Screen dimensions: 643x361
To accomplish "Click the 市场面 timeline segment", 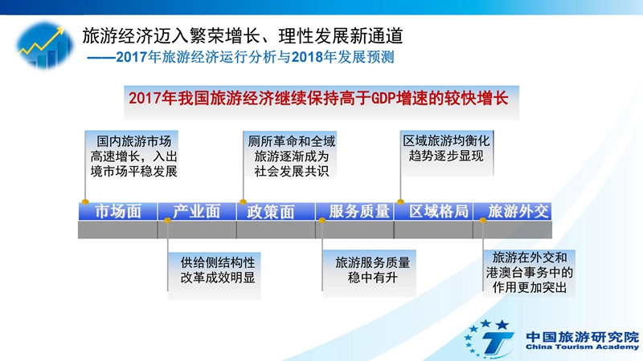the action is (x=117, y=212).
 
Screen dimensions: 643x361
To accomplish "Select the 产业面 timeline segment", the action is (x=197, y=212).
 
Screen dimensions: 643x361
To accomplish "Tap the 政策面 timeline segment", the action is (x=276, y=212).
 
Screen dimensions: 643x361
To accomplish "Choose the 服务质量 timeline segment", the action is (x=354, y=212).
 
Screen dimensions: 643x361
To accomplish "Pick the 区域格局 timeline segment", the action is (x=433, y=212).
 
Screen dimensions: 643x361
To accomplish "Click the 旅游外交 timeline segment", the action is (x=513, y=212).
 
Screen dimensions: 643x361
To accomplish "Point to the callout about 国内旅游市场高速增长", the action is (x=132, y=155).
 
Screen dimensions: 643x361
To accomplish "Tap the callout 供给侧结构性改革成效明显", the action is (x=215, y=275).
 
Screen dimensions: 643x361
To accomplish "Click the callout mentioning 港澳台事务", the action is (x=529, y=273).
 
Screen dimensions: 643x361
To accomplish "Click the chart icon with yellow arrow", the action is (x=45, y=45).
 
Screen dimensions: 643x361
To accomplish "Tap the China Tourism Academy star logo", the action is (x=489, y=339).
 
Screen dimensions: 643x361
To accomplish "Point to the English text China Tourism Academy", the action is (x=582, y=347).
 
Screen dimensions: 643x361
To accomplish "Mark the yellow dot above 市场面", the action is (x=85, y=202).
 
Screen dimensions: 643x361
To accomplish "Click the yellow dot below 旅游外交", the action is (x=483, y=220).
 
